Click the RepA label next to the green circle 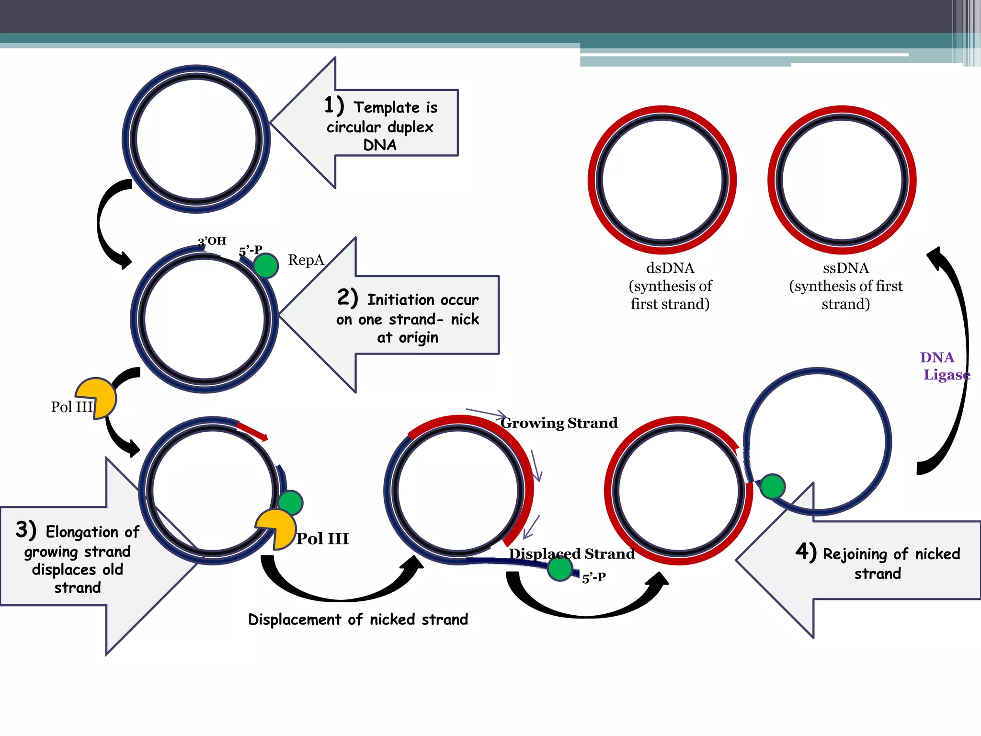tap(306, 260)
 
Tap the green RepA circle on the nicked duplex tap(266, 265)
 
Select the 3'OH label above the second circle tap(212, 241)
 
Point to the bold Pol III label tap(322, 539)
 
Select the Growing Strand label tap(559, 423)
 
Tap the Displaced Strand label tap(571, 554)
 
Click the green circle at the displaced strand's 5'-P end tap(559, 569)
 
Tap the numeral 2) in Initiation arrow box tap(348, 298)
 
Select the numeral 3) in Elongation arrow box tap(26, 530)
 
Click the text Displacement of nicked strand tap(358, 620)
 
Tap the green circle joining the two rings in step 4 tap(772, 486)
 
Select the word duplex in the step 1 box tap(410, 127)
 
